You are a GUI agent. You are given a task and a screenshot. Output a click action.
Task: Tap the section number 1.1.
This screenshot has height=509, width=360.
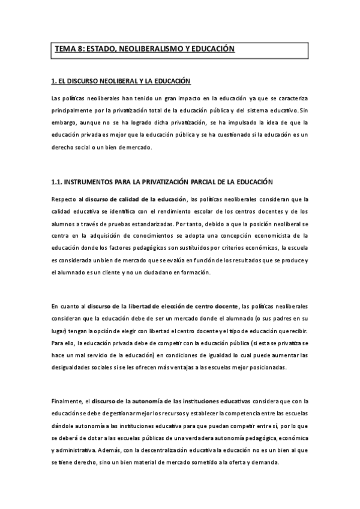click(x=57, y=181)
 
